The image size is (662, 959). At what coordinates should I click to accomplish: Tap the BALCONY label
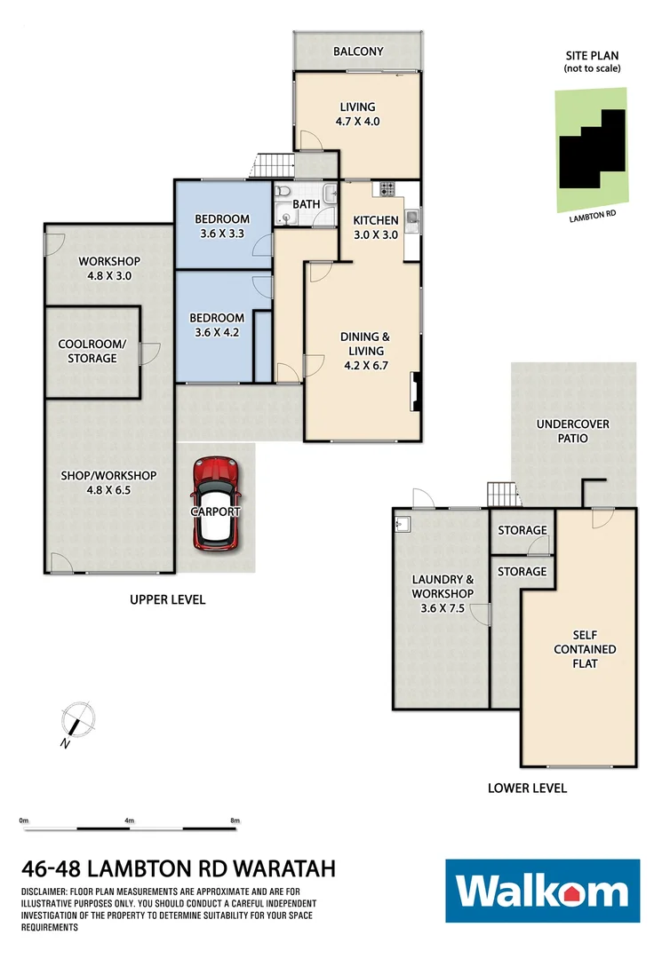click(x=358, y=52)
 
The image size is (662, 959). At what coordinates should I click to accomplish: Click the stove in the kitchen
click(x=387, y=187)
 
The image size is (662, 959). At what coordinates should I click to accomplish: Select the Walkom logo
click(x=542, y=891)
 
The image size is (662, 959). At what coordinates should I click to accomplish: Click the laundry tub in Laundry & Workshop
click(x=402, y=524)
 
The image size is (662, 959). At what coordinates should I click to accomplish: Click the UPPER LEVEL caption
click(x=167, y=599)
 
